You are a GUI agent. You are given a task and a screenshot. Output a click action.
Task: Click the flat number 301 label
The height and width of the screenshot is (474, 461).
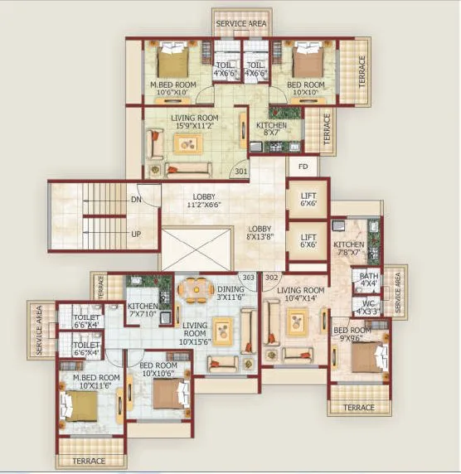coord(241,172)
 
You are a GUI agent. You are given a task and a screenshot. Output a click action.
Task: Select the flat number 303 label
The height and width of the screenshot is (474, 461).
coord(247,278)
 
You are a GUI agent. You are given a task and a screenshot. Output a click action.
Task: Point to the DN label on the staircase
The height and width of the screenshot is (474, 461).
coord(136,201)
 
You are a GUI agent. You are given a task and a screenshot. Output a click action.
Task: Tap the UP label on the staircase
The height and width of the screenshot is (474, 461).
coord(136,234)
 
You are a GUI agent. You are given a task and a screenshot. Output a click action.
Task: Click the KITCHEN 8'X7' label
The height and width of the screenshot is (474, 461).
coord(272,129)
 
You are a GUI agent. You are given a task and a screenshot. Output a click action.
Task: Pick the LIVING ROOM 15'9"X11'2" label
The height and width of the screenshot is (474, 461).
coord(195,123)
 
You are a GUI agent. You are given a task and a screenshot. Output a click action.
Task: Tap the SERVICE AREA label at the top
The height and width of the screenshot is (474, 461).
coord(241,24)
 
